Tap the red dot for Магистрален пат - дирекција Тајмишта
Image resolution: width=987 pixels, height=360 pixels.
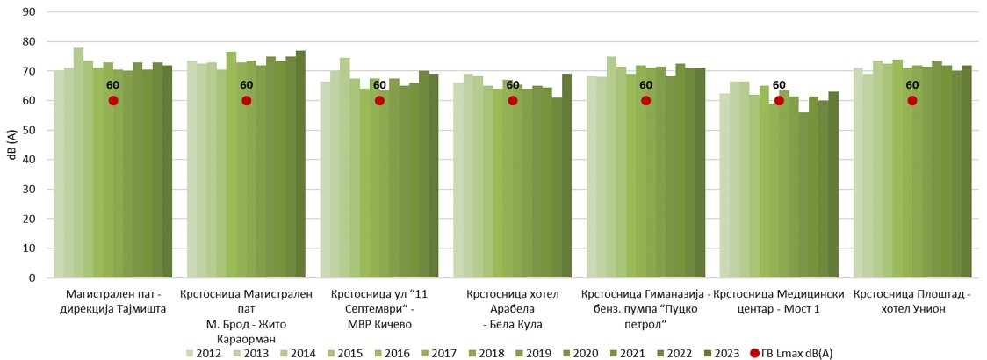[x=113, y=101]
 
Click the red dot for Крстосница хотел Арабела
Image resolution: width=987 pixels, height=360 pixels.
[x=513, y=101]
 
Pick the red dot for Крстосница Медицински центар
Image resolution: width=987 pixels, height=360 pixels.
[x=779, y=101]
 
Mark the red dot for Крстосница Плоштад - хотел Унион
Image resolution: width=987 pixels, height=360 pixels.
[x=912, y=101]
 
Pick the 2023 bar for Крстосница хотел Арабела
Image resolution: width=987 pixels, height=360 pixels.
[x=566, y=176]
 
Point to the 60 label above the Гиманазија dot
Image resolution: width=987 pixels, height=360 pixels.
[x=645, y=85]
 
